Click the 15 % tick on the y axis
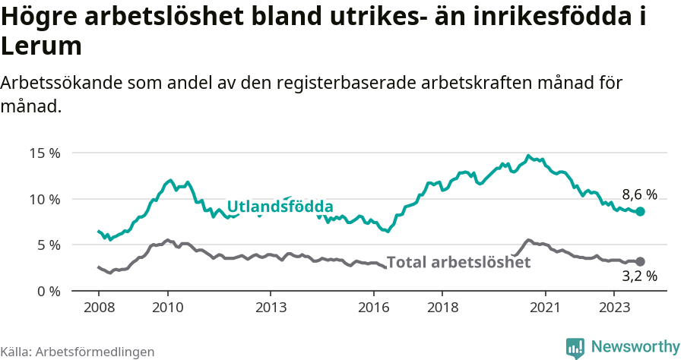coord(45,153)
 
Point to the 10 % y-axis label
coord(45,199)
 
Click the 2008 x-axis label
coord(99,308)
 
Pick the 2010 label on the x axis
coord(167,308)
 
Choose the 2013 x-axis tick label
coord(271,308)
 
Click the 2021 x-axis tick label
coord(545,308)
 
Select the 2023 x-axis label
coord(614,308)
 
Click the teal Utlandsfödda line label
coord(280,207)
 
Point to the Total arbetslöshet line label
coord(458,262)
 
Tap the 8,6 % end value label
coord(639,194)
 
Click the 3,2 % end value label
coord(639,276)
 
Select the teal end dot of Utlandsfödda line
coord(640,211)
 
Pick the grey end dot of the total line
coord(640,261)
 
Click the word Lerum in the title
coord(41,46)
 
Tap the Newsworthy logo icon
coord(576,347)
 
